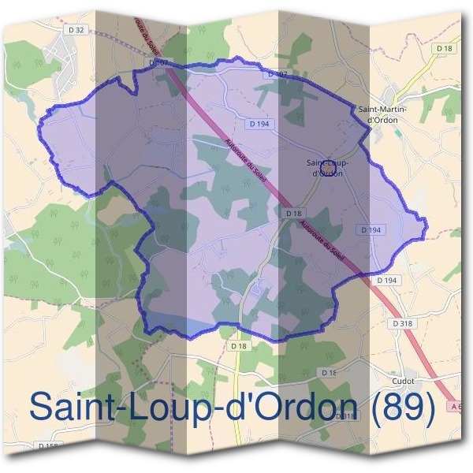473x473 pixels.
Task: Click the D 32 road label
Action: [76, 31]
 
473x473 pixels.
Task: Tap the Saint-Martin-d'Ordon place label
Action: [378, 114]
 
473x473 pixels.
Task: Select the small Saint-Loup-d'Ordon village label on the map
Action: [327, 168]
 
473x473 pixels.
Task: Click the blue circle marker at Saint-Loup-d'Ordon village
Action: [330, 166]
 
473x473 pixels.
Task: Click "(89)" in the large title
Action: [403, 407]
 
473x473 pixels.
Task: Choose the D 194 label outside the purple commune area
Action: [386, 280]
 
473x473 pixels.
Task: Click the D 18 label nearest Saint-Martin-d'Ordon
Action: [445, 48]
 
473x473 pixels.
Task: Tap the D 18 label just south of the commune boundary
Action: [240, 346]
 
